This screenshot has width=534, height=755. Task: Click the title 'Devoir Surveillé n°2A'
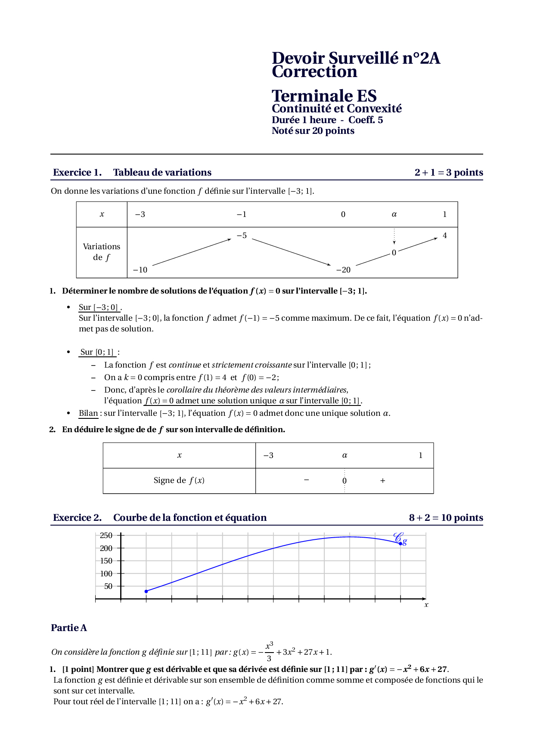(x=356, y=58)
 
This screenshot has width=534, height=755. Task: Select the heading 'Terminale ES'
(x=324, y=96)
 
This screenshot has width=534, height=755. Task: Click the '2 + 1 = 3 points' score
(x=448, y=173)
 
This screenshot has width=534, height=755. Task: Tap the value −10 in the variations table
(x=140, y=270)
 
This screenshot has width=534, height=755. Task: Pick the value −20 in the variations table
(x=343, y=270)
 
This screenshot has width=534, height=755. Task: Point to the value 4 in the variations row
(x=445, y=235)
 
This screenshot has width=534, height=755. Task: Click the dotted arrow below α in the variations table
(x=394, y=237)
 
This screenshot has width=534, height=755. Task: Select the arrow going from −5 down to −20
(x=291, y=252)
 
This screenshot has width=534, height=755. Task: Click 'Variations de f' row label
(x=102, y=252)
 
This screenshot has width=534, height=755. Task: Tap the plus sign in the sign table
(x=382, y=481)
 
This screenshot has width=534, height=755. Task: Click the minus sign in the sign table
(x=306, y=480)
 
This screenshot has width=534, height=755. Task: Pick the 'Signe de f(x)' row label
(x=179, y=480)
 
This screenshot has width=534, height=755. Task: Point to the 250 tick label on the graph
(x=106, y=535)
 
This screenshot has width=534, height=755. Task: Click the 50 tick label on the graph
(x=108, y=586)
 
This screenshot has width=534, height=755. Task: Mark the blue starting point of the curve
(x=146, y=591)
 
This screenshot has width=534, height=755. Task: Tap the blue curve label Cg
(x=400, y=538)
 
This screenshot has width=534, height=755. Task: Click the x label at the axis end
(x=426, y=605)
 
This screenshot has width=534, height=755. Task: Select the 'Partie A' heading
(x=69, y=628)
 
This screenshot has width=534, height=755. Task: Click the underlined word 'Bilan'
(x=88, y=413)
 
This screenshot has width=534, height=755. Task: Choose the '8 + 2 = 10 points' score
(x=446, y=518)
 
